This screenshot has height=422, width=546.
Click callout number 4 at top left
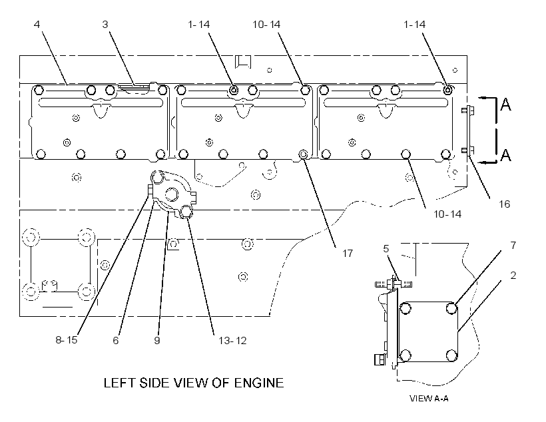[x=37, y=25]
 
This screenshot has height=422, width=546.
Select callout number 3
[x=105, y=25]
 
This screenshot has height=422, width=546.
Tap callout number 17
[x=348, y=253]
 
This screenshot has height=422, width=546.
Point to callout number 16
[x=505, y=204]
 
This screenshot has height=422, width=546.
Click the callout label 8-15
[x=67, y=340]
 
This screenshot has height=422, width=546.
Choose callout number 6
[x=116, y=340]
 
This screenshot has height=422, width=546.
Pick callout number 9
[x=157, y=340]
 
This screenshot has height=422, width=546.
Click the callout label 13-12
[x=232, y=340]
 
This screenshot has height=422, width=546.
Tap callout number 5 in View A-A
[x=386, y=248]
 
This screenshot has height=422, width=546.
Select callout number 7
[x=513, y=246]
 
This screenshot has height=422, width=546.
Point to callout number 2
[x=513, y=276]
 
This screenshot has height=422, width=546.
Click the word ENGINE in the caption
[x=259, y=383]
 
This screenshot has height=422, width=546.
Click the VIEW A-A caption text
[x=429, y=398]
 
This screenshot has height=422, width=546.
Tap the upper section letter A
[x=505, y=104]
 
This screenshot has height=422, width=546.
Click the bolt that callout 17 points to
[x=303, y=154]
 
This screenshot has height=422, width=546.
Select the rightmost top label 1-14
[x=414, y=25]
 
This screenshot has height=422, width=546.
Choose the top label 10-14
[x=266, y=25]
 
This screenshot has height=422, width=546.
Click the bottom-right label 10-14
[x=447, y=214]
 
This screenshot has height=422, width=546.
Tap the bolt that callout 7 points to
[x=451, y=308]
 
